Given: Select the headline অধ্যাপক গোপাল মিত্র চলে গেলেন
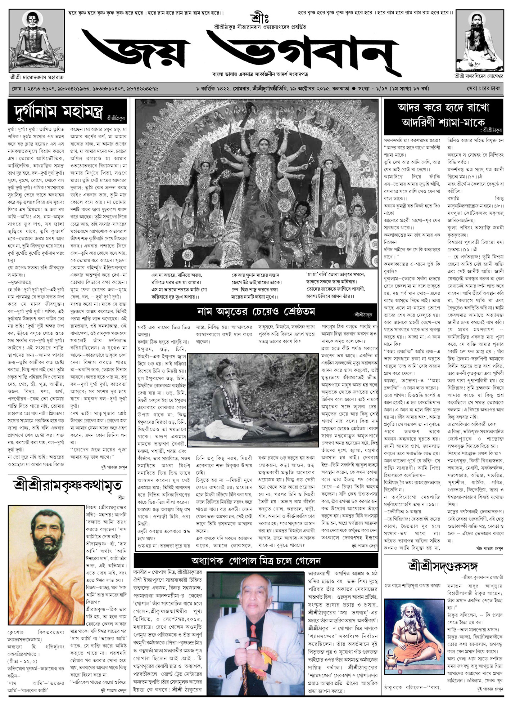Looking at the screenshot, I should (x=256, y=561).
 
